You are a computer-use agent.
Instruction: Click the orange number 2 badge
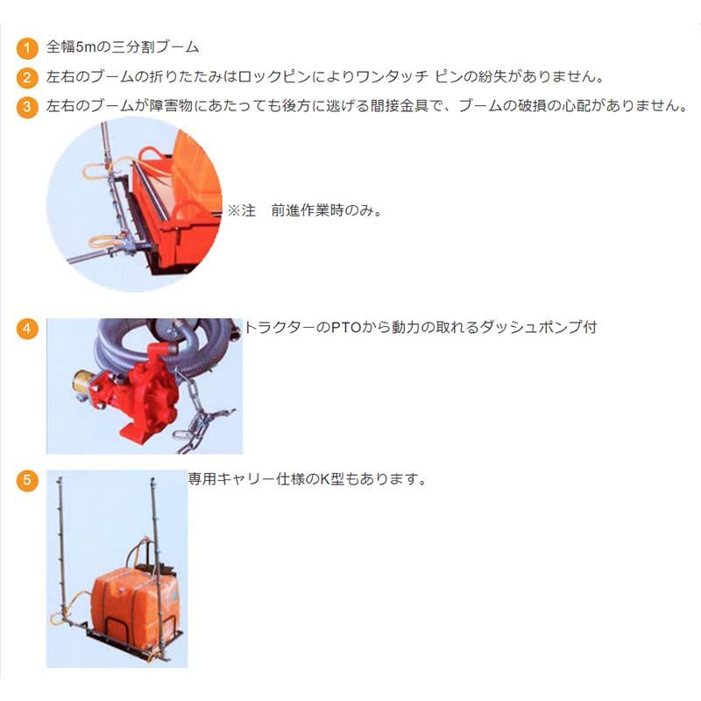[x=28, y=78]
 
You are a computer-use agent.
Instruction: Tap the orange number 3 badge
[x=28, y=108]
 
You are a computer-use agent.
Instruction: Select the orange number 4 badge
[x=28, y=329]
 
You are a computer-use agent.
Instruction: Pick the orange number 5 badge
[x=28, y=480]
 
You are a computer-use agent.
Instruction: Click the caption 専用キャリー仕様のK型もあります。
[x=307, y=480]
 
